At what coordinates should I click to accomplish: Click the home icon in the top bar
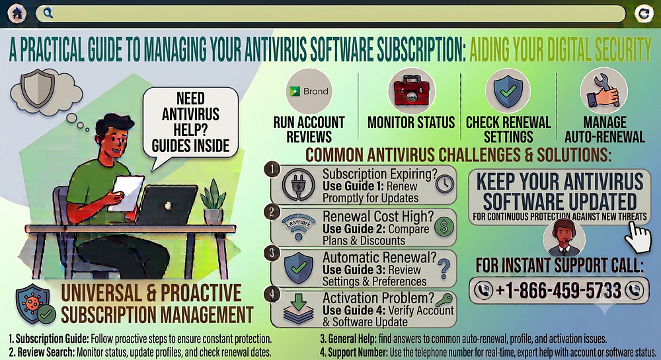(17, 13)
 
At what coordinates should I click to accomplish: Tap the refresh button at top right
(644, 13)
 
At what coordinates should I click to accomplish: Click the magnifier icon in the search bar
(48, 13)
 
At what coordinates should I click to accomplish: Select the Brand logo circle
(309, 91)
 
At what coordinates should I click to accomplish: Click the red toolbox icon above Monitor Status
(411, 91)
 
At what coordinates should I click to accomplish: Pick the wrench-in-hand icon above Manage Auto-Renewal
(603, 90)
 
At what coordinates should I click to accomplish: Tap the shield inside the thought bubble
(38, 88)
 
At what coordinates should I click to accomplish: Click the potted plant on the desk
(214, 202)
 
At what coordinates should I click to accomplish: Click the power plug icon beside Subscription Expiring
(299, 184)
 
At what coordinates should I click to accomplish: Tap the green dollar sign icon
(444, 227)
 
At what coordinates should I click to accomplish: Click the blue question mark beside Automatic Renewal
(444, 269)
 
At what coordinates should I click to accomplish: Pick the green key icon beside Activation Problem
(444, 300)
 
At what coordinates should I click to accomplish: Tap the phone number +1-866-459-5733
(559, 290)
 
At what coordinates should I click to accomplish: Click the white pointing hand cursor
(638, 237)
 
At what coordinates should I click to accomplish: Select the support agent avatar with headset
(564, 238)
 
